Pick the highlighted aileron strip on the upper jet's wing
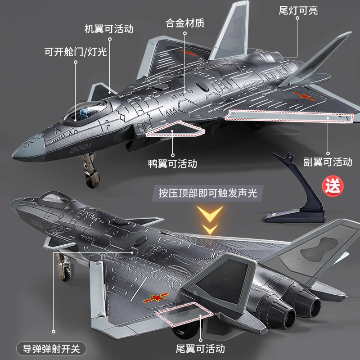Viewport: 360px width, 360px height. point(288,116)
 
